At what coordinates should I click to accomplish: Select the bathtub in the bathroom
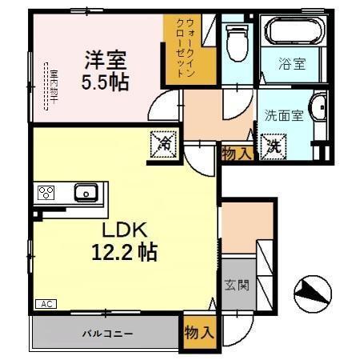coord(293,32)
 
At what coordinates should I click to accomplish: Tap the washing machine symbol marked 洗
coord(274,146)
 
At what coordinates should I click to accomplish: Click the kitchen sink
coord(86,192)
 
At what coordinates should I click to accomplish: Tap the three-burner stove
coord(45,193)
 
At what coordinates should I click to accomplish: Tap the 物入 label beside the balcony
coord(199,331)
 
